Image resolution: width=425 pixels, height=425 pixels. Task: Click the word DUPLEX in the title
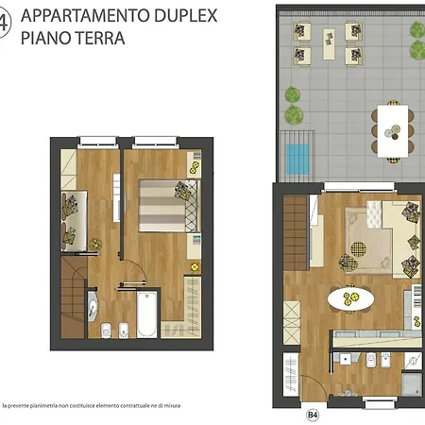point(186,15)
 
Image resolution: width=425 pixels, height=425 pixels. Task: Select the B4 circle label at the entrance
point(313,415)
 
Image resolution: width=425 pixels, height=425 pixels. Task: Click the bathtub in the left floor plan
point(146,314)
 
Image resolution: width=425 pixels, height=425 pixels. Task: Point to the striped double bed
point(170,206)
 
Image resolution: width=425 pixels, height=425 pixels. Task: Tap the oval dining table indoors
point(350,298)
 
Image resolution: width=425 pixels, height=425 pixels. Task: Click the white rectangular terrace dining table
point(393,131)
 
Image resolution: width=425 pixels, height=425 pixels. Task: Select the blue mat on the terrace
point(297,160)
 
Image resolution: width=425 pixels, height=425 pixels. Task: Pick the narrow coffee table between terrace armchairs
point(329,44)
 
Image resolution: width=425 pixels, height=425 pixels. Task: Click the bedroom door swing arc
point(140,267)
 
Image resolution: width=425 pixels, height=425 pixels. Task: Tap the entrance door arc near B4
point(319,382)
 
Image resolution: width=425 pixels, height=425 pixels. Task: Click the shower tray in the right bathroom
point(412,384)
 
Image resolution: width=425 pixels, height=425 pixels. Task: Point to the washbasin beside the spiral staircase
point(92,306)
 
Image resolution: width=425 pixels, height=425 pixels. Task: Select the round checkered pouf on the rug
point(358,249)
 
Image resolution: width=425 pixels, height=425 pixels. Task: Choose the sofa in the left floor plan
point(74,220)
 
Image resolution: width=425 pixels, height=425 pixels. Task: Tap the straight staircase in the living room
point(296,233)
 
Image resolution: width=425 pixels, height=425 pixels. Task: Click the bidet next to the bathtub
point(123,331)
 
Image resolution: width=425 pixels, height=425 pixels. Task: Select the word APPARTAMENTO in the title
point(85,15)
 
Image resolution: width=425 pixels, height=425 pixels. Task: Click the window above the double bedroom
point(155,143)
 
